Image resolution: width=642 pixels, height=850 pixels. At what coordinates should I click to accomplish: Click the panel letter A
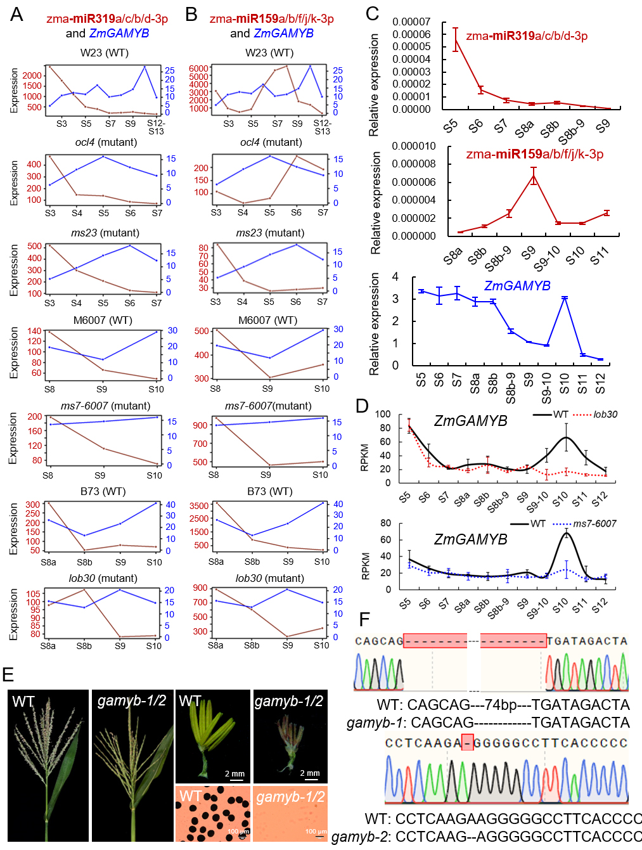16,14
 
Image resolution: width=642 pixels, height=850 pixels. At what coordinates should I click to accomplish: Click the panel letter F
364,619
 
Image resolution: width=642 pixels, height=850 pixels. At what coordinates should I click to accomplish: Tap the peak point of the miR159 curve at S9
534,177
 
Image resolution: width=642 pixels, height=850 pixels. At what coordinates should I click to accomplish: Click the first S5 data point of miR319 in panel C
455,39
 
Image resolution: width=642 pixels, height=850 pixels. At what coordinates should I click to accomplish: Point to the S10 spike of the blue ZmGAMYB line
564,297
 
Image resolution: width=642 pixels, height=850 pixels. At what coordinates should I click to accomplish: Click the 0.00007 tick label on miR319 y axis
411,22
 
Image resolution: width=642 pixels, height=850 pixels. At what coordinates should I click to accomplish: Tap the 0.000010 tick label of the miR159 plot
414,146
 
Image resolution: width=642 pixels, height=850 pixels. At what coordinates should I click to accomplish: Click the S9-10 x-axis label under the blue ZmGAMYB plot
546,388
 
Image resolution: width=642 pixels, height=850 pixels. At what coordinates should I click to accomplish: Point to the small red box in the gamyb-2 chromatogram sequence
468,742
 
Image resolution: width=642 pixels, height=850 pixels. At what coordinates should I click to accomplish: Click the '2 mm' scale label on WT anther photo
234,774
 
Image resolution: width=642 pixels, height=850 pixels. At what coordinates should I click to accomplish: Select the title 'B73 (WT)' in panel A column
103,491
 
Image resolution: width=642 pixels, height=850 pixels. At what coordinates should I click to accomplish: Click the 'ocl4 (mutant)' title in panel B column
271,142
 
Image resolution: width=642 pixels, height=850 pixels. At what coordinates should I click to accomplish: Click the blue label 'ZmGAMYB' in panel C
517,286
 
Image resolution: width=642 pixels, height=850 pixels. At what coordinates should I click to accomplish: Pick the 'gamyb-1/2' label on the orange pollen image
290,797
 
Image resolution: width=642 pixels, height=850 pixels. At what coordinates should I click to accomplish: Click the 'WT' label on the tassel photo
23,702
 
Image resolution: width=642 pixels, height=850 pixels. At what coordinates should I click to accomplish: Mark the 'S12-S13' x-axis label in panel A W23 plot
156,127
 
